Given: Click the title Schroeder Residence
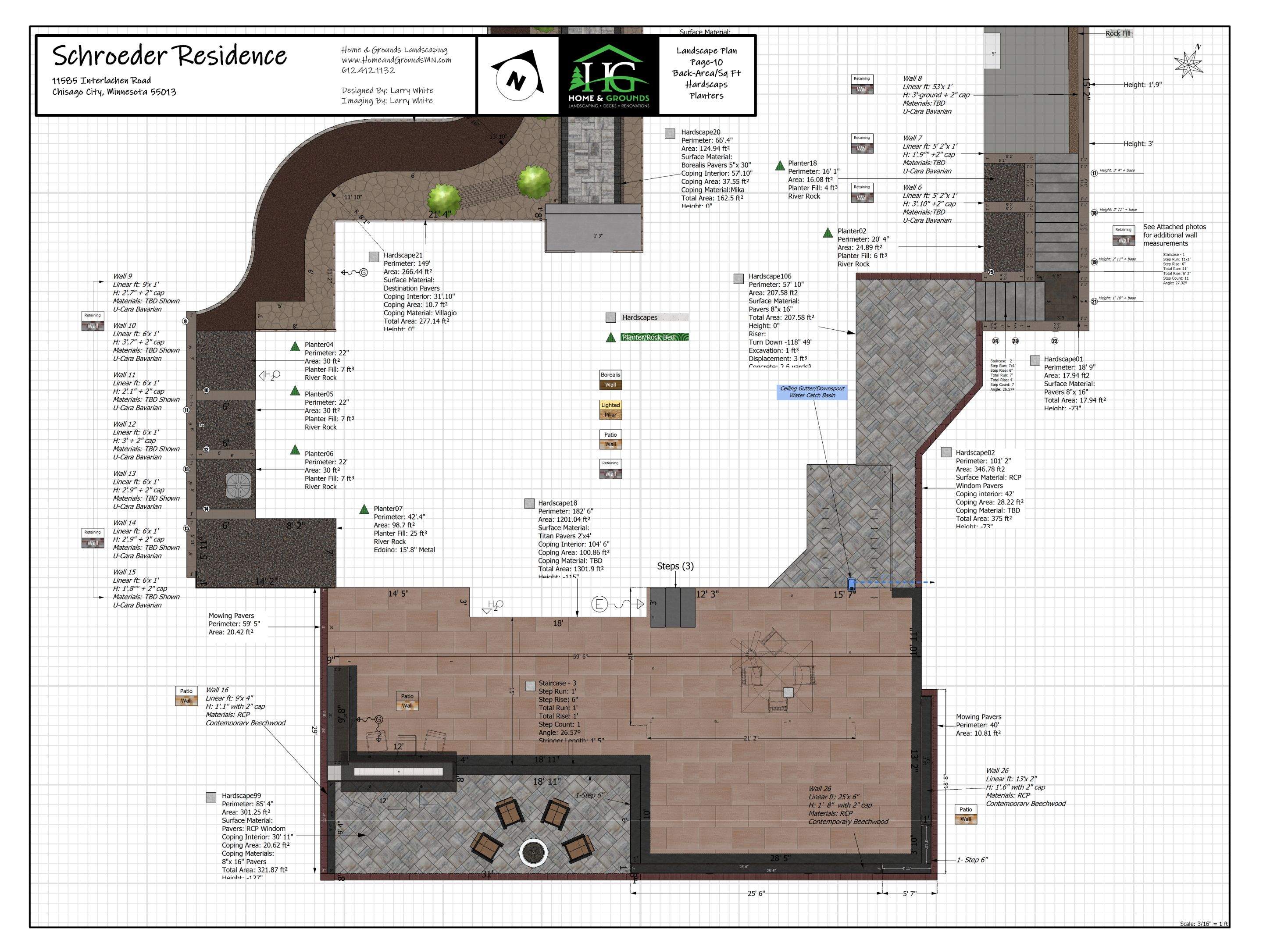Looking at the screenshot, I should point(170,56).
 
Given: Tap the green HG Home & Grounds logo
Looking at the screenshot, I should point(608,75).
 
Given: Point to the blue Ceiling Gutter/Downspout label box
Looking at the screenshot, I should point(812,392).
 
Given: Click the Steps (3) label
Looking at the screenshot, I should point(675,566).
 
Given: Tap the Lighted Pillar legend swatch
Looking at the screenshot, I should point(610,410).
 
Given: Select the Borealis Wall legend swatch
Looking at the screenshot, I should point(610,380).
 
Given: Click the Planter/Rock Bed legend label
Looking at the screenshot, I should point(648,337).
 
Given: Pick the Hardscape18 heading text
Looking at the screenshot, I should point(557,503).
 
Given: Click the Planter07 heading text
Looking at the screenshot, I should point(388,509).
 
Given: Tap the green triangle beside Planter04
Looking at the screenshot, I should point(295,346).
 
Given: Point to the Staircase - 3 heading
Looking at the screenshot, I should point(557,683).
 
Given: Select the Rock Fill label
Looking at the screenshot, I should point(1117,34).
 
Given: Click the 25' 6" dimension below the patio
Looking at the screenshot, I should point(756,894).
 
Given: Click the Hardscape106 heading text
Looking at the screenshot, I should point(770,276).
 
